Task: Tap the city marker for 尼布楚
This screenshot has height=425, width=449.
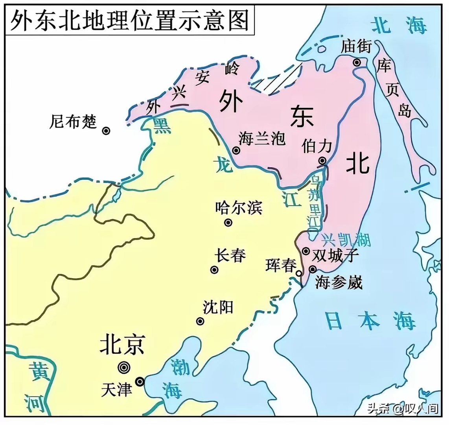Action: coord(106,131)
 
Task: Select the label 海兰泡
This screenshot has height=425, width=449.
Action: coord(262,138)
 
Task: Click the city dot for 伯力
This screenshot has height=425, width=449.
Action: coord(322,161)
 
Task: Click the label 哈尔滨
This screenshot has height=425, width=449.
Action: coord(239,207)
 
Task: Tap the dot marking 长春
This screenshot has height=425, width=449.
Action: coord(214,270)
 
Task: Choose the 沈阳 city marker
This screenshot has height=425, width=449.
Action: coord(200,322)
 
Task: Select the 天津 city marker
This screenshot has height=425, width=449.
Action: coord(140,381)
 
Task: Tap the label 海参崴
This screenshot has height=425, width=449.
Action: coord(339,282)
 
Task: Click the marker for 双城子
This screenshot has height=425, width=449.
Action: coord(306,251)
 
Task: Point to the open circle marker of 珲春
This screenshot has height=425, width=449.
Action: coord(300,273)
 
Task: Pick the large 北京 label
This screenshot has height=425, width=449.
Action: coord(122,344)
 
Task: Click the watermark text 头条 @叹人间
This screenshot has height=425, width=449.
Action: coord(403,408)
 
